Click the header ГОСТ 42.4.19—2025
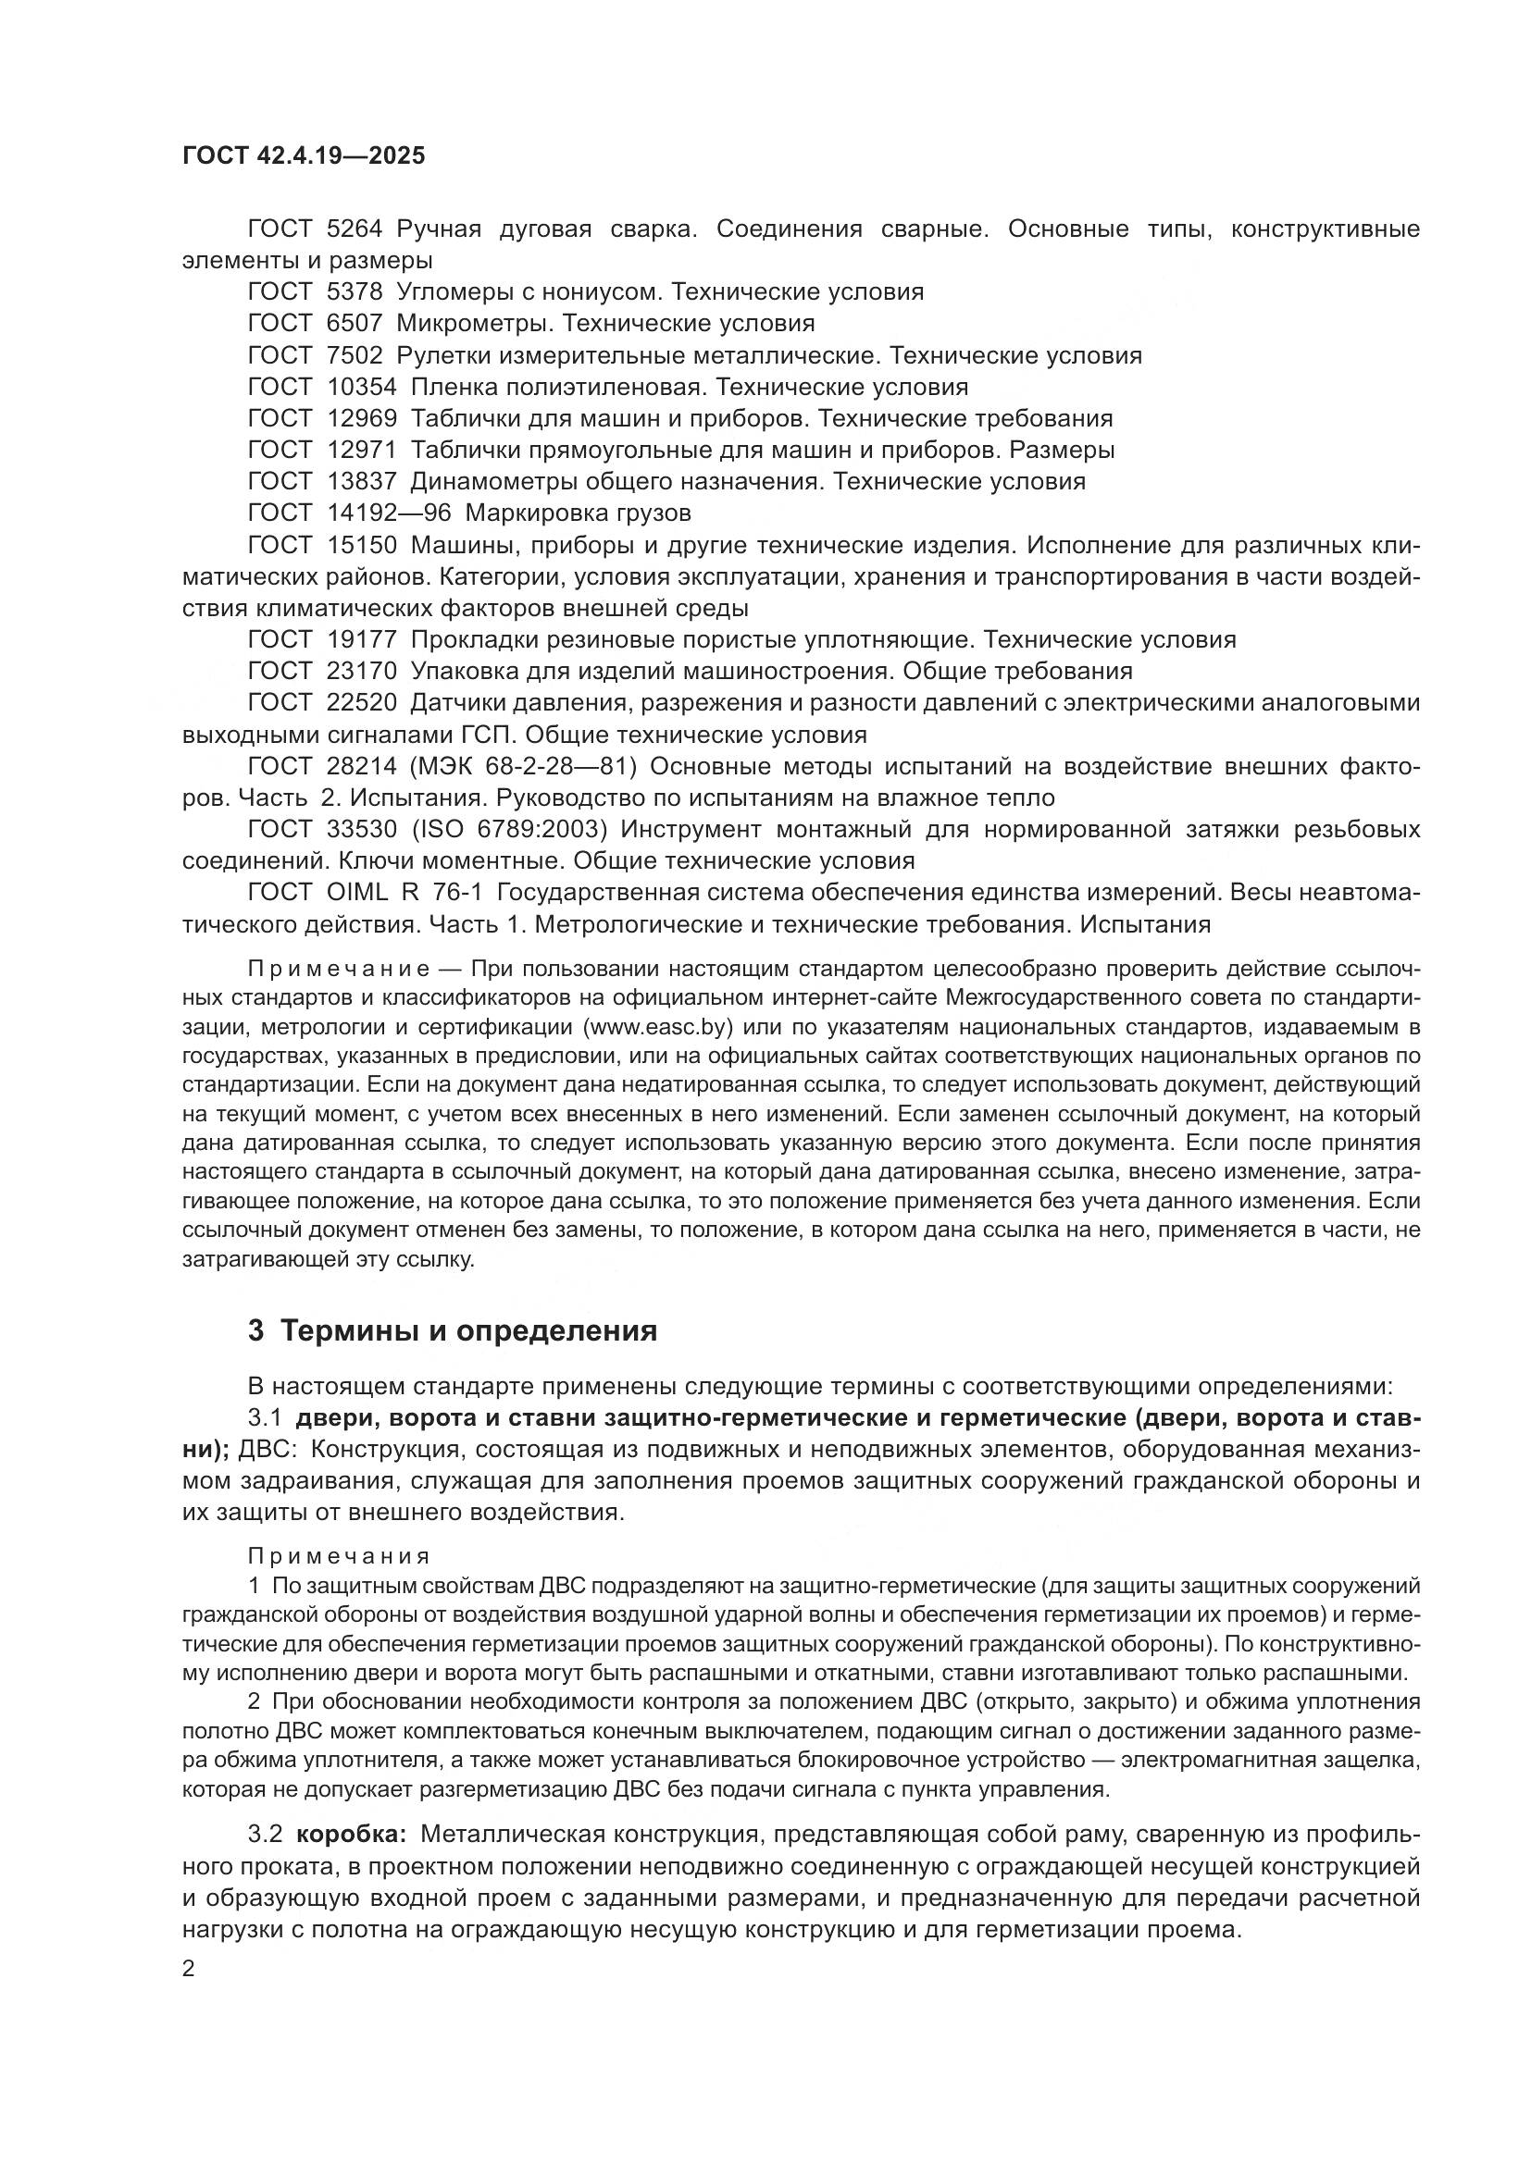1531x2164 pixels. tap(304, 155)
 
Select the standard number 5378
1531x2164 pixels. tap(355, 291)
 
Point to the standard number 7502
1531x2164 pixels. tap(355, 355)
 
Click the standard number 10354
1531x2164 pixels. tap(362, 387)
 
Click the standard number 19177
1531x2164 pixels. tap(362, 639)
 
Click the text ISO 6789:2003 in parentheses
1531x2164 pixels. tap(511, 829)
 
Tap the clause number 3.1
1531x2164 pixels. tap(265, 1417)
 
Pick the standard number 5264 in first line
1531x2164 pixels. tap(355, 229)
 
